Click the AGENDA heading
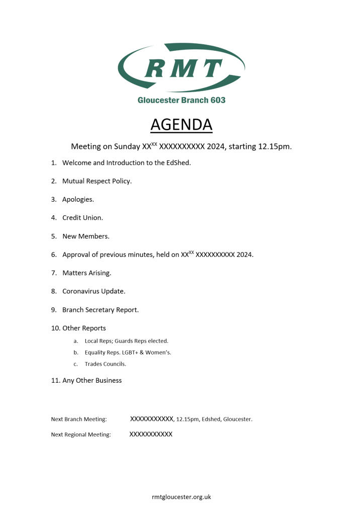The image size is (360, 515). (181, 124)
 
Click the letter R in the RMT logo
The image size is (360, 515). (155, 68)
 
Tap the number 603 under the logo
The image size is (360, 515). (217, 100)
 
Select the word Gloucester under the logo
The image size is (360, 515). (158, 100)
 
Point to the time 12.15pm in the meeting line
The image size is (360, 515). (274, 147)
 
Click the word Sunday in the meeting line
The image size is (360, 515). (127, 147)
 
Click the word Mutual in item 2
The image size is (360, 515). (73, 181)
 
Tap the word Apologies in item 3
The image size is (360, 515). (77, 200)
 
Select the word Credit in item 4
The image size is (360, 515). (72, 218)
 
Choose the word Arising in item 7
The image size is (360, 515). (99, 273)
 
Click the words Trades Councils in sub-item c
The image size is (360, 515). (105, 364)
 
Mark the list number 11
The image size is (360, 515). (55, 381)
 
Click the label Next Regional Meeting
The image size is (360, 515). (80, 435)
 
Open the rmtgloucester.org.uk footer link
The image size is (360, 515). (181, 497)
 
